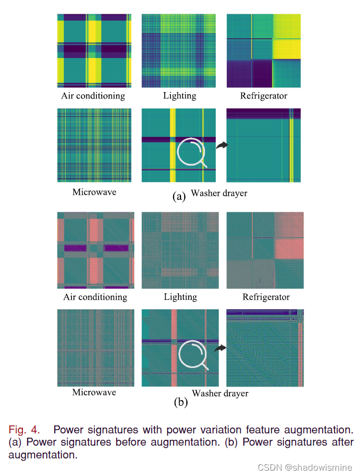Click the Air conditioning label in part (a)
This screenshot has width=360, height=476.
[x=93, y=96]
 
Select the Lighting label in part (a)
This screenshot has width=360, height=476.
[x=179, y=96]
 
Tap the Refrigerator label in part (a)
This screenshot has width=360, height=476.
[x=264, y=96]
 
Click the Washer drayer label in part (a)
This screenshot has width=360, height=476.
[x=219, y=193]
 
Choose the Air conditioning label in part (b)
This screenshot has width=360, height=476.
[x=95, y=297]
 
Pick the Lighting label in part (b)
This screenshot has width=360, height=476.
[x=180, y=297]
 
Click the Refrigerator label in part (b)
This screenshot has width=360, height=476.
[x=266, y=297]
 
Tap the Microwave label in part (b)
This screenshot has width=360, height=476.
[x=94, y=392]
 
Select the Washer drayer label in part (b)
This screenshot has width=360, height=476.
[x=220, y=393]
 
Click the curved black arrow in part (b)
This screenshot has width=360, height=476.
[x=219, y=347]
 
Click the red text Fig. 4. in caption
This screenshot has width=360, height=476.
[x=24, y=430]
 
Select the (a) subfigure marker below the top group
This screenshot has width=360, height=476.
[x=179, y=196]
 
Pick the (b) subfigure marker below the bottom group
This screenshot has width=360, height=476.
[x=181, y=403]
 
